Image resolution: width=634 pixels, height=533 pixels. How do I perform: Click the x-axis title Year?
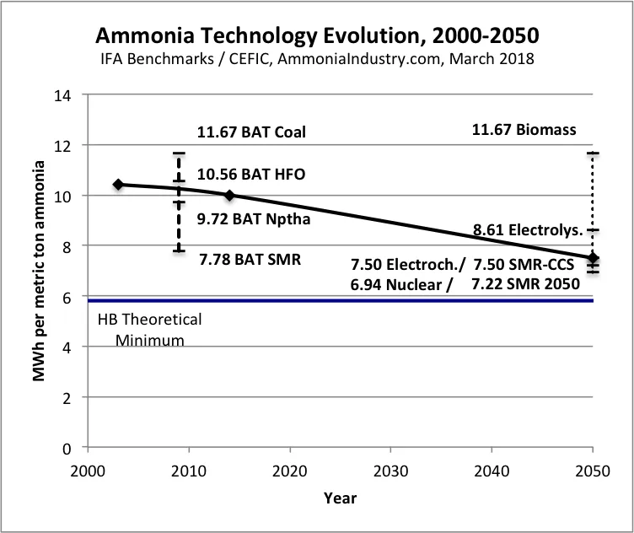340,498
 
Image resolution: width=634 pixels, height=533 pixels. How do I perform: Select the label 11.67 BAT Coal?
251,132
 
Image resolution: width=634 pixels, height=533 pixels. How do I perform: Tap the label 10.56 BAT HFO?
251,175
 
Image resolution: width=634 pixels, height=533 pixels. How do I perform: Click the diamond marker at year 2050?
593,257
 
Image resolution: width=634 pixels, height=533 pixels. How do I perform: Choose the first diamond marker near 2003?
118,184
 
